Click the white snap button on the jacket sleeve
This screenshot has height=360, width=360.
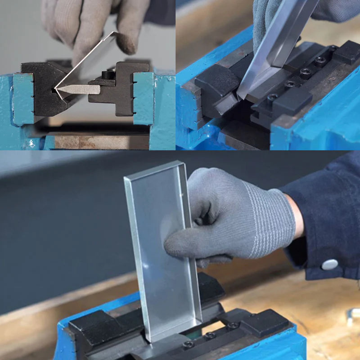click(x=329, y=265)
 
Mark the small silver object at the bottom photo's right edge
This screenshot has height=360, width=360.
click(x=354, y=315)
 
